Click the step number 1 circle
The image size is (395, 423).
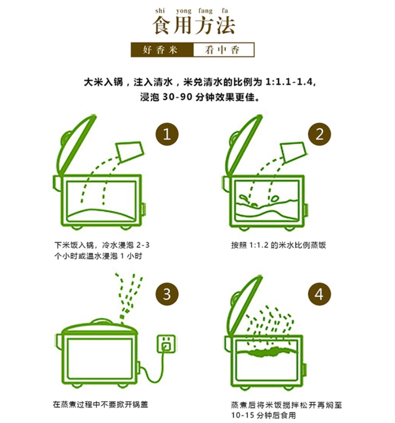[x=167, y=134]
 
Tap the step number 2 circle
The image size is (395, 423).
[x=320, y=134]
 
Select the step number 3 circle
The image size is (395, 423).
[x=167, y=294]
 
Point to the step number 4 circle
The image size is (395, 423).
[x=320, y=294]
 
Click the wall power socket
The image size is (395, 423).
[x=166, y=344]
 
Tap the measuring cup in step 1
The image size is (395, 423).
[x=129, y=150]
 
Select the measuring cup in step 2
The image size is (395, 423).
[x=293, y=151]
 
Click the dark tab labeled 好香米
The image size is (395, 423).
[x=162, y=50]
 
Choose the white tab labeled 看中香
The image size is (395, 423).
[x=224, y=50]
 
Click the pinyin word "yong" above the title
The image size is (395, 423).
[x=184, y=11]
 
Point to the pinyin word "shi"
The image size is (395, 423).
[x=160, y=11]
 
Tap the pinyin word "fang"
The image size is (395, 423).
[x=206, y=11]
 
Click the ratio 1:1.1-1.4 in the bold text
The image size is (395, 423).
[x=290, y=82]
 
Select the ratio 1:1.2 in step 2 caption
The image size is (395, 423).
[x=259, y=245]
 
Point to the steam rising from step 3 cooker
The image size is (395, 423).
[x=129, y=297]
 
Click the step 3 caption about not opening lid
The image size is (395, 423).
[x=100, y=405]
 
